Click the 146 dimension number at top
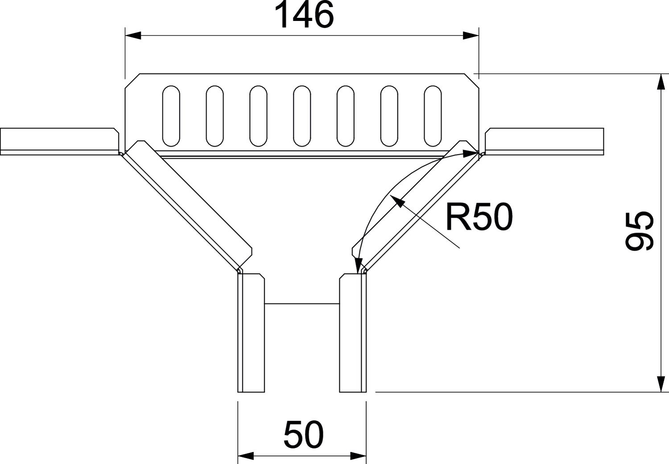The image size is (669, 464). point(304,15)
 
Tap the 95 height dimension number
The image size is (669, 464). point(639,231)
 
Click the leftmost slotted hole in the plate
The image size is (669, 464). point(171,116)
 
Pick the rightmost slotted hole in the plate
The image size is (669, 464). point(433,116)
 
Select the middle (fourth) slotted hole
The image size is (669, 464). point(302,116)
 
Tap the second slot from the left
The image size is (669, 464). point(215,116)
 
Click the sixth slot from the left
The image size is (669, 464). point(389,116)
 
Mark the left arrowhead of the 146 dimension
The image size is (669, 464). point(133,36)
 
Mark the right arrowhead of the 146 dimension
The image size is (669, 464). point(471,36)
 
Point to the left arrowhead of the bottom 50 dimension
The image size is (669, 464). point(246,456)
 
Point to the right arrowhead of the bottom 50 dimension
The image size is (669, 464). point(358,456)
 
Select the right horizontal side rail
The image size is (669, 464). point(544,141)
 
